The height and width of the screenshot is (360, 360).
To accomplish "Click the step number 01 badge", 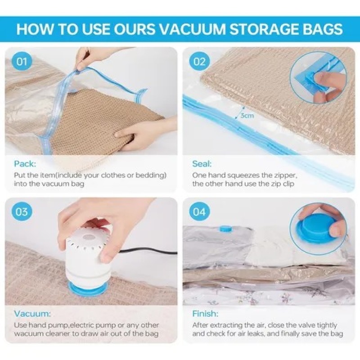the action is pyautogui.click(x=22, y=62).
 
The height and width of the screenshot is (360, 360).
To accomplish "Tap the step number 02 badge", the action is pyautogui.click(x=199, y=62).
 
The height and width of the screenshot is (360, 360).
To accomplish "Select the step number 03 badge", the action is pyautogui.click(x=22, y=211).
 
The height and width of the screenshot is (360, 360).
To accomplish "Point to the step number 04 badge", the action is pyautogui.click(x=199, y=211).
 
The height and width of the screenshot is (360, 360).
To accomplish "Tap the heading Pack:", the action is pyautogui.click(x=25, y=164).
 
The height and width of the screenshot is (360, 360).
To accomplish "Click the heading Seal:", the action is pyautogui.click(x=202, y=164).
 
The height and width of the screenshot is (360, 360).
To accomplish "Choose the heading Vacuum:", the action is pyautogui.click(x=32, y=314).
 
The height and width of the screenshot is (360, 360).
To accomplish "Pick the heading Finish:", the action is pyautogui.click(x=205, y=314).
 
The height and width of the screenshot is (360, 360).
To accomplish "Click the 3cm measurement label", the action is pyautogui.click(x=247, y=115).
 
